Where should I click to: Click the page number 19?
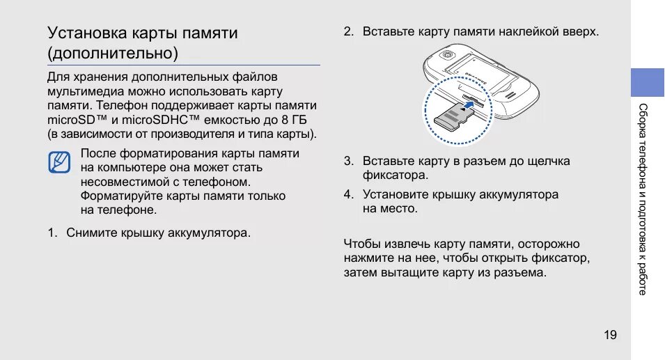[610, 336]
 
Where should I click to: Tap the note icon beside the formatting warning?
[59, 162]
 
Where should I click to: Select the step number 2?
[348, 32]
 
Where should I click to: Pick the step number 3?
[348, 161]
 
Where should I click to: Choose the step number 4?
[348, 195]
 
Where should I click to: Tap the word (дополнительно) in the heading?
[112, 53]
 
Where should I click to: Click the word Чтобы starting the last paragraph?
[361, 244]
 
